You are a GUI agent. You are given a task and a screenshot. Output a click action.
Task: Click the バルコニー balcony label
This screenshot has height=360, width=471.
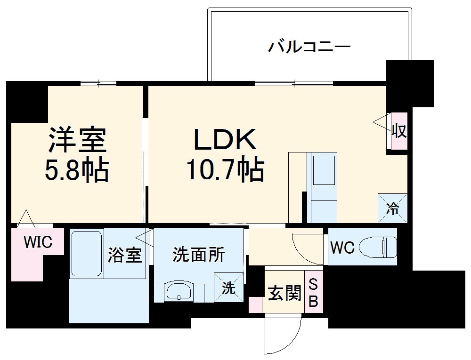point(309,47)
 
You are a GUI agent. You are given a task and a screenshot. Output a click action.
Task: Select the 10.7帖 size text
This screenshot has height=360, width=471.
point(225,170)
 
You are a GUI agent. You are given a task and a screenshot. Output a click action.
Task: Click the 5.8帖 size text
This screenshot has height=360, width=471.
point(77,170)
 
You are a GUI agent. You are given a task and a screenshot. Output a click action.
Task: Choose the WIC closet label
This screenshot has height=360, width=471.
point(38,242)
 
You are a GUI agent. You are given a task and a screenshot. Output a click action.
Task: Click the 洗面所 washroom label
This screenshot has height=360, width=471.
point(198,255)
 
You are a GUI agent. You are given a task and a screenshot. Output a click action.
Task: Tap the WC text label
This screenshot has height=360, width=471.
point(342,248)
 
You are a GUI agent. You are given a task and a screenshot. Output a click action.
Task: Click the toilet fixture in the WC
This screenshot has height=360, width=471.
point(378,247)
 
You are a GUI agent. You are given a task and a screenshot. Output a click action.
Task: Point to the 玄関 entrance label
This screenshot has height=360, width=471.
point(284,294)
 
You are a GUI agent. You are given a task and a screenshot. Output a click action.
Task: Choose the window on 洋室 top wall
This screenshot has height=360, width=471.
point(98,84)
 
